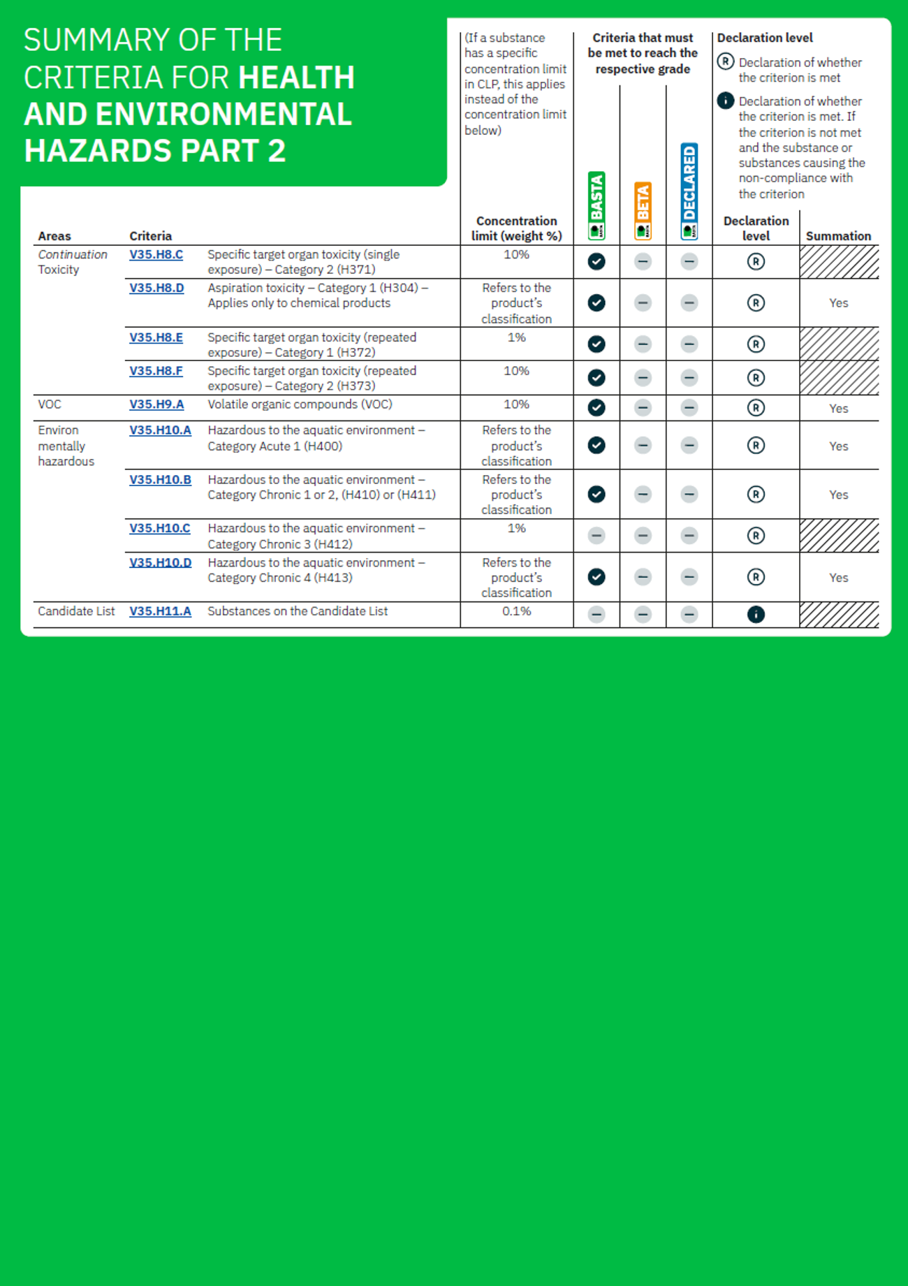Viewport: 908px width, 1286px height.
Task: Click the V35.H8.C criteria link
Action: (156, 254)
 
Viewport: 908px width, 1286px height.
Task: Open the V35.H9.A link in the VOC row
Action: (156, 404)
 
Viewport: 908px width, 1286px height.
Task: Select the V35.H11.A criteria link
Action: (160, 611)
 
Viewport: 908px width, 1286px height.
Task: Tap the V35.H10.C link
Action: (159, 528)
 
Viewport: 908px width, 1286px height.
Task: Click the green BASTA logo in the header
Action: (596, 205)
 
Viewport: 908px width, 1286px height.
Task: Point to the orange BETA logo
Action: (643, 210)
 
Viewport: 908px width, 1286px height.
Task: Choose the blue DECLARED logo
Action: (689, 191)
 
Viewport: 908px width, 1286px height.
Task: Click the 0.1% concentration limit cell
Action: (516, 611)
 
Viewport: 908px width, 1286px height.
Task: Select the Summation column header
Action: (838, 236)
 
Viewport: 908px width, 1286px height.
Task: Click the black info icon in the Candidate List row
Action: (756, 614)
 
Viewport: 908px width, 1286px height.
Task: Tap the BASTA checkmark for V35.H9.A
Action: (596, 407)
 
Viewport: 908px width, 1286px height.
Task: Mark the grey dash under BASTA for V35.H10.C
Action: (596, 536)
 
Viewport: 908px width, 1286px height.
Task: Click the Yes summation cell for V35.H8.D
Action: (838, 303)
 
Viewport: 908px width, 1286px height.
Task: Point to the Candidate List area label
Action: (76, 611)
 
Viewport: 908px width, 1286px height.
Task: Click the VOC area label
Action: (50, 404)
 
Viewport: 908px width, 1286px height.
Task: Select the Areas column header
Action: (54, 236)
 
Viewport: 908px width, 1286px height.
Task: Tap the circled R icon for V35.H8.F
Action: (756, 378)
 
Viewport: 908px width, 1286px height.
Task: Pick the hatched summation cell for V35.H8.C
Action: (838, 262)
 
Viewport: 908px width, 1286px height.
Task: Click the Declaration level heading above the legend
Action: (765, 38)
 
